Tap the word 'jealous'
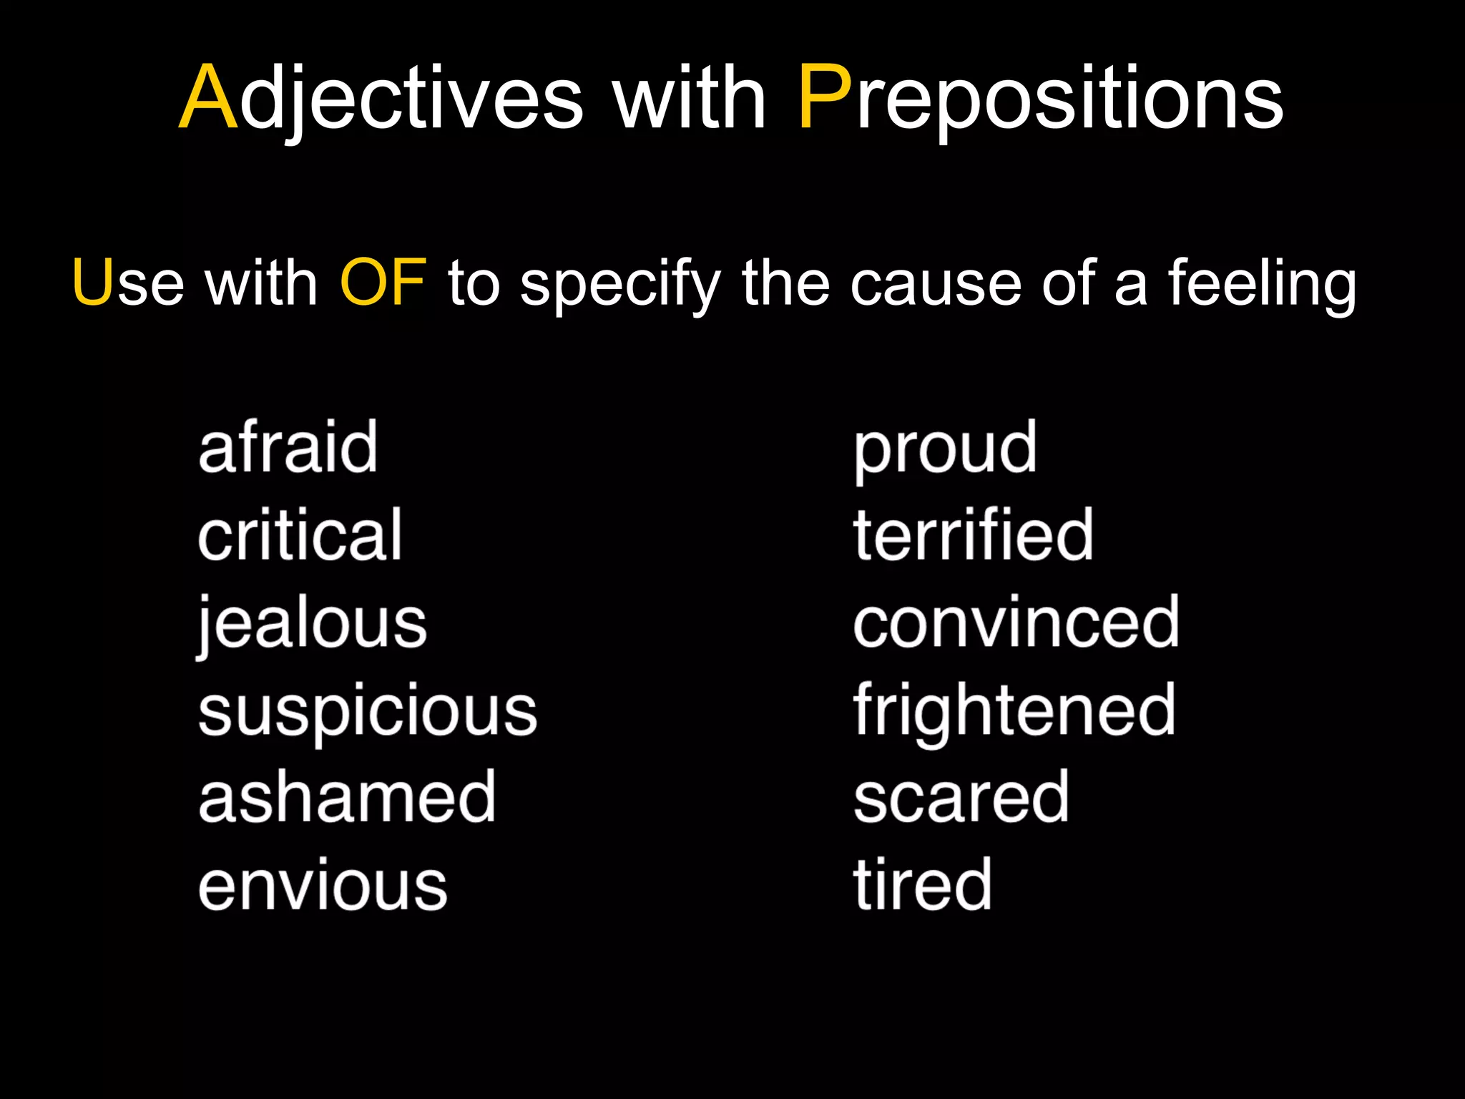(312, 624)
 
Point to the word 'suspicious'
(368, 711)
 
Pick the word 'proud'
(945, 449)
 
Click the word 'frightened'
(1014, 711)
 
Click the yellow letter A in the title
(208, 98)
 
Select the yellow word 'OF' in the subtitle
(383, 283)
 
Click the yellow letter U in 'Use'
(94, 283)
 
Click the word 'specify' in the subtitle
(619, 285)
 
